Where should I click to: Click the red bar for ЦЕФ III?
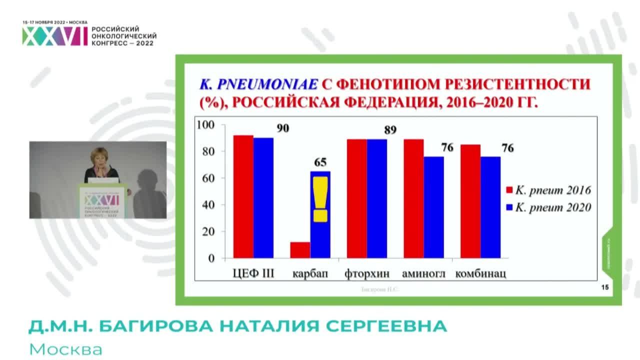coord(243,197)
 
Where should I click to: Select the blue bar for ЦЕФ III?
coord(263,198)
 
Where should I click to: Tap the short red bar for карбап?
coord(300,250)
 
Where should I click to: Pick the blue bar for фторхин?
coord(377,199)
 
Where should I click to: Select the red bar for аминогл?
coord(413,199)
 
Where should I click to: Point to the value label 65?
coord(320,162)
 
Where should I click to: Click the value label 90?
coord(282,128)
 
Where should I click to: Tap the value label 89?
coord(390,130)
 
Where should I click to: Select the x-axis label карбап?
coord(310,274)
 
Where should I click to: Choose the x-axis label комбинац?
coord(480,274)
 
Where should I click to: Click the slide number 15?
coord(604,288)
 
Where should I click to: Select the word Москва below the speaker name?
coord(65,349)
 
